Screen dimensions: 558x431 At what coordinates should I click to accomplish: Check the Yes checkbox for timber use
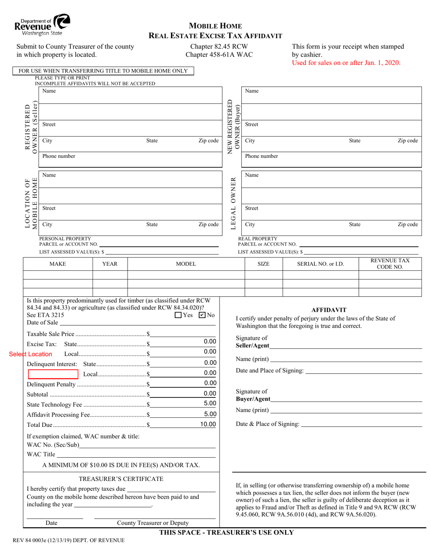[x=178, y=315]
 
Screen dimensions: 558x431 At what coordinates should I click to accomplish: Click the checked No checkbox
[x=202, y=315]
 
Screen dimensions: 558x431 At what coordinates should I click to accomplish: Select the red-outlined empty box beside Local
[x=54, y=374]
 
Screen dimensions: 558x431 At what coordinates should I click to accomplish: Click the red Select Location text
[x=30, y=354]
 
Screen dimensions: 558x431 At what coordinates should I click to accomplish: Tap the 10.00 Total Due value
[x=208, y=424]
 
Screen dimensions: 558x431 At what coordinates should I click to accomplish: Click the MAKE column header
[x=58, y=264]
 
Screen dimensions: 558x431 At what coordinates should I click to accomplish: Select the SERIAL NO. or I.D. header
[x=320, y=264]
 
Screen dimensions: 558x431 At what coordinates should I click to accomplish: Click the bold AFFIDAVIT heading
[x=329, y=310]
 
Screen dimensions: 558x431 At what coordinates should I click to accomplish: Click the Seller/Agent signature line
[x=345, y=347]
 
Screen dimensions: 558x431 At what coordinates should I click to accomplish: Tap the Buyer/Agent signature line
[x=345, y=400]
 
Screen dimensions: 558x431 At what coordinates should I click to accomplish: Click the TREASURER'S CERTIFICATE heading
[x=121, y=479]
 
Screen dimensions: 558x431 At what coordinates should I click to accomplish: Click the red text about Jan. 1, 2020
[x=346, y=63]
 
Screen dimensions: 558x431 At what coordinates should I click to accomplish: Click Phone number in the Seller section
[x=59, y=156]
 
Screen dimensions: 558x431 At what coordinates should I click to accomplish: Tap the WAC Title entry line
[x=136, y=454]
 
